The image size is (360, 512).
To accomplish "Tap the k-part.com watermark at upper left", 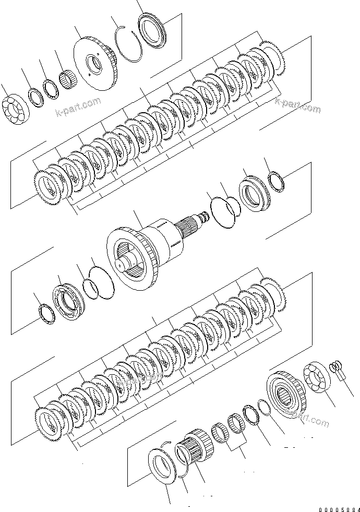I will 78,108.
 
